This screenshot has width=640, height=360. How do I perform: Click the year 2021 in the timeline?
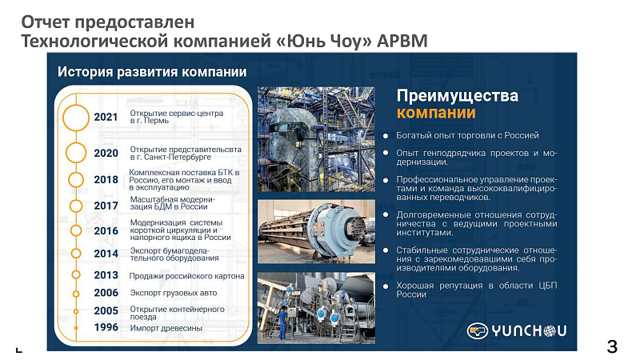[106, 117]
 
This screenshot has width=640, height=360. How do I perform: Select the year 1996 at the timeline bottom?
[106, 327]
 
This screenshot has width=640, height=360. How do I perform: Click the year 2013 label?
[106, 275]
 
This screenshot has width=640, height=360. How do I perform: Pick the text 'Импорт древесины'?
[166, 328]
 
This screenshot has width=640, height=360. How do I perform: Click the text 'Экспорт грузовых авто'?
[174, 293]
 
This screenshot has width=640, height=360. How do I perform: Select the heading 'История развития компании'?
[152, 72]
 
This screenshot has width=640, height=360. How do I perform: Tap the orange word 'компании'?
[436, 113]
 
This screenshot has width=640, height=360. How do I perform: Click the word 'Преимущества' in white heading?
[457, 95]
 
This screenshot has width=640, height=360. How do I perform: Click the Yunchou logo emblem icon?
[478, 330]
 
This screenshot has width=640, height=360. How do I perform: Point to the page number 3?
[612, 346]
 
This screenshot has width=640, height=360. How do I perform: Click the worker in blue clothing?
[282, 322]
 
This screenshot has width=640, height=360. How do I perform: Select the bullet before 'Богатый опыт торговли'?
[386, 136]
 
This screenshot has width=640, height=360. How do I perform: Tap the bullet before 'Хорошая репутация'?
[386, 286]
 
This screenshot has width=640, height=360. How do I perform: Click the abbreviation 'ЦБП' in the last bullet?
[547, 286]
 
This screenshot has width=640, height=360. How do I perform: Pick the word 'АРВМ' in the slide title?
[402, 42]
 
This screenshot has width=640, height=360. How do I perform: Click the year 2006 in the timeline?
[106, 293]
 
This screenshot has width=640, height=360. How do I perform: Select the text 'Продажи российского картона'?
[186, 276]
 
